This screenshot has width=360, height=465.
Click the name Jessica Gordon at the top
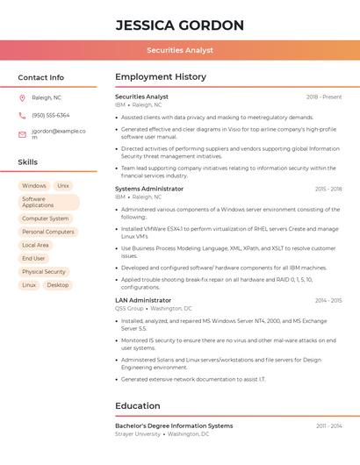pyautogui.click(x=179, y=25)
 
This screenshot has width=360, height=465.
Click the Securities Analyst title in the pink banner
pyautogui.click(x=179, y=50)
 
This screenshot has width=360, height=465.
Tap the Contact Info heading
pyautogui.click(x=40, y=77)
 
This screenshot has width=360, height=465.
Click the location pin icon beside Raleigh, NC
pyautogui.click(x=22, y=97)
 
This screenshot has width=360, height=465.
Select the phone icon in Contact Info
pyautogui.click(x=22, y=115)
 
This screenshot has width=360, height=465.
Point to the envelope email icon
pyautogui.click(x=22, y=134)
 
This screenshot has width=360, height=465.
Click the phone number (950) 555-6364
pyautogui.click(x=50, y=115)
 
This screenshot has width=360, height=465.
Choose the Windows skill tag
pyautogui.click(x=34, y=186)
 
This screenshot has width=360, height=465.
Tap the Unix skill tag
pyautogui.click(x=63, y=186)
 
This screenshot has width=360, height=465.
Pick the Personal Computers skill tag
pyautogui.click(x=47, y=232)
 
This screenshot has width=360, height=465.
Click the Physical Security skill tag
pyautogui.click(x=44, y=272)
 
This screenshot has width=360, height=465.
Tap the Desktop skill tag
pyautogui.click(x=58, y=285)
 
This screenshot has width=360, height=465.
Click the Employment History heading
pyautogui.click(x=161, y=77)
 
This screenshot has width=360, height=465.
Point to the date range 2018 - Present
pyautogui.click(x=324, y=97)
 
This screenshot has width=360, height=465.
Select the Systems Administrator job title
pyautogui.click(x=149, y=189)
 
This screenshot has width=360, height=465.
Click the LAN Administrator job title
pyautogui.click(x=143, y=300)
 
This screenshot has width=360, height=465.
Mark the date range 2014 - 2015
pyautogui.click(x=328, y=300)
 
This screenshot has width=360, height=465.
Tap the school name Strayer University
pyautogui.click(x=138, y=434)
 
